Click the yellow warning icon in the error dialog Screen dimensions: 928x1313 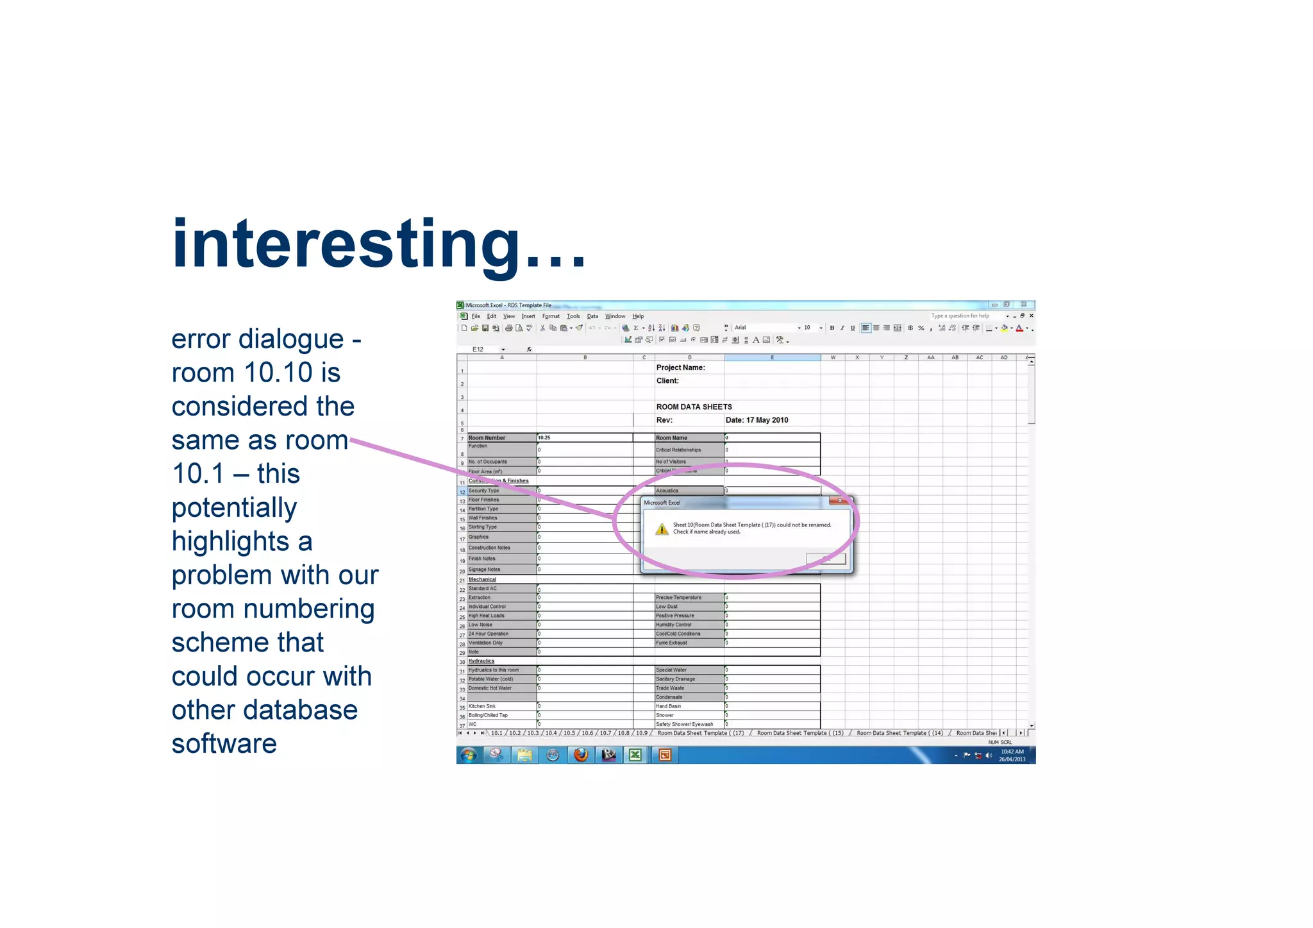662,529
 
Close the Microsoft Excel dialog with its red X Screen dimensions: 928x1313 839,501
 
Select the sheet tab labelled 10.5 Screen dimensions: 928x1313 569,733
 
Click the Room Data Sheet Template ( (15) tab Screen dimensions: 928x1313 799,733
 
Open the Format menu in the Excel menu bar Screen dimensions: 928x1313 551,316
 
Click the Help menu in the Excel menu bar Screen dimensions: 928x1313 638,316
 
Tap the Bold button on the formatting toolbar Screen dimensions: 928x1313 832,328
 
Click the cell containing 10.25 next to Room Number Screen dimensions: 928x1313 583,438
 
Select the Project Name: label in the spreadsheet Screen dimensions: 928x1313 680,367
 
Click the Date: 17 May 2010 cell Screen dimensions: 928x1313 757,420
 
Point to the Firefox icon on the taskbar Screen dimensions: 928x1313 581,755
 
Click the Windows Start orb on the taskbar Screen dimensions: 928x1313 469,755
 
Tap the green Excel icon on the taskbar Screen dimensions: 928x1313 635,755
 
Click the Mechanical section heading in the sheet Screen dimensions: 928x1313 482,580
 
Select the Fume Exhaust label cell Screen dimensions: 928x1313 671,643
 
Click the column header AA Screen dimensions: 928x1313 930,358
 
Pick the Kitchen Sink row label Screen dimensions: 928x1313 482,706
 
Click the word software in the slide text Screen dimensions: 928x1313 224,744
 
